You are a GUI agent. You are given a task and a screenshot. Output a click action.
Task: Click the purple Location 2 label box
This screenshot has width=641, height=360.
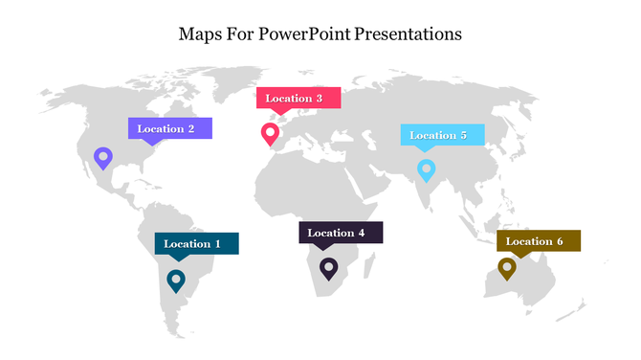coord(169,128)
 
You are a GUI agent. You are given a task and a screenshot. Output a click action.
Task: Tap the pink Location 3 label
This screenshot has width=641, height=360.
coord(298,98)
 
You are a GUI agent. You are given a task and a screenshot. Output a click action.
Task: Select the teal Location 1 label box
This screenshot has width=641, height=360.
coord(196,243)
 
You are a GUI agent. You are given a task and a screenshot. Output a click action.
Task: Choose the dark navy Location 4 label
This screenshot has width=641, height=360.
coord(341,233)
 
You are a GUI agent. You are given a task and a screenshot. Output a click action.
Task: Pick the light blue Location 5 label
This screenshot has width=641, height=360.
coord(442,135)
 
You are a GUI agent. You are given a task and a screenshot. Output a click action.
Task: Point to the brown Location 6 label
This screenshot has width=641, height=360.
coord(538,241)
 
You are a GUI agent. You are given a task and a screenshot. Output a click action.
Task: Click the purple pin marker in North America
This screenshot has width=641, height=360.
coord(102,157)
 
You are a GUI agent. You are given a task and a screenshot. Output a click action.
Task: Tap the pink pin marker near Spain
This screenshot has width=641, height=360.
coord(271,133)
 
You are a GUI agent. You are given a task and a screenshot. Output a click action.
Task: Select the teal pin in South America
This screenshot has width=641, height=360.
coord(175,280)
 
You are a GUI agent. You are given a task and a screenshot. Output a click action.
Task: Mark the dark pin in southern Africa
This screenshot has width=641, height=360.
coord(328,268)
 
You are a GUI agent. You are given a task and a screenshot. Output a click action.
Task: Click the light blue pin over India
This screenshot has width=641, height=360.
coord(427,169)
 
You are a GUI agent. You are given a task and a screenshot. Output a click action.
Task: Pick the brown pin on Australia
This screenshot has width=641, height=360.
coord(507,267)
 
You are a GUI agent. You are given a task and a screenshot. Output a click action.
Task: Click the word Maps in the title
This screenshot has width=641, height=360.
coord(198,34)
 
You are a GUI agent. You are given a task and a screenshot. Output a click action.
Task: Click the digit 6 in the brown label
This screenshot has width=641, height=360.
coord(560,241)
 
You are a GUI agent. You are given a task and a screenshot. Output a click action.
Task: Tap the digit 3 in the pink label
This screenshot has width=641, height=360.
coord(319,98)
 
